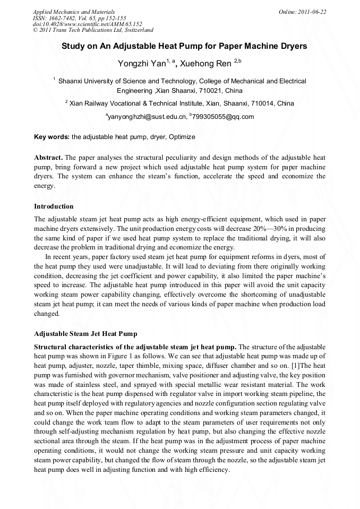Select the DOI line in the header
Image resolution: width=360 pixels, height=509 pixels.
tap(88, 24)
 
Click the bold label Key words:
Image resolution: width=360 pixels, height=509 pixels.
tap(52, 137)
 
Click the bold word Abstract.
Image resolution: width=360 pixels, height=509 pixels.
tap(48, 158)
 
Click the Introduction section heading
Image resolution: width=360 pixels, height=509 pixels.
tap(54, 206)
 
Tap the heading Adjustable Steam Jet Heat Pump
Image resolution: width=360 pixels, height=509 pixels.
tap(85, 334)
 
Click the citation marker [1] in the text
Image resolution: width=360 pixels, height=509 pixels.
tap(300, 366)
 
